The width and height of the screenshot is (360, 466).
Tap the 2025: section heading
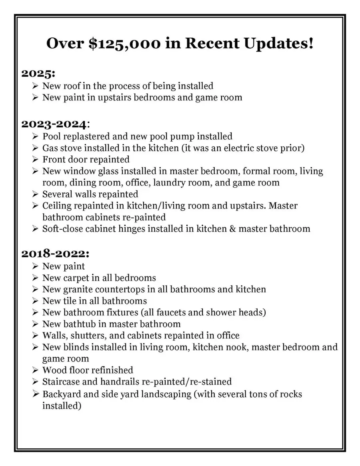[x=38, y=74]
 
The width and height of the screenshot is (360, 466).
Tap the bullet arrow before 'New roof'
[x=35, y=86]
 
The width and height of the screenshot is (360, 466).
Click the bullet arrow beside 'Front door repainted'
[x=35, y=160]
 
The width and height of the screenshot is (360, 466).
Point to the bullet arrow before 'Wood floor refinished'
[x=35, y=370]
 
